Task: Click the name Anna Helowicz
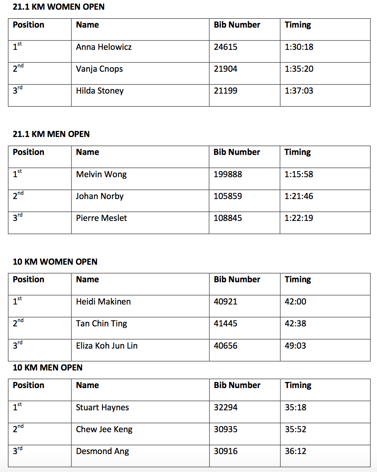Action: (x=104, y=47)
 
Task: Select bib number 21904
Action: (x=225, y=69)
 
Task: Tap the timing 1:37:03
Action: (x=299, y=91)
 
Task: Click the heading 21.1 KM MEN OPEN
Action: (x=51, y=134)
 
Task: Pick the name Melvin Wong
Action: (x=101, y=174)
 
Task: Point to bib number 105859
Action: (x=228, y=196)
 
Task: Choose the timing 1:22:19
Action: (x=299, y=218)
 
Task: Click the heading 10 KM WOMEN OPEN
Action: (x=55, y=262)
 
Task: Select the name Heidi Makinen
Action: (x=103, y=302)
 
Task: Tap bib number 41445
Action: (x=225, y=324)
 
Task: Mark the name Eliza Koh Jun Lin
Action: (x=107, y=346)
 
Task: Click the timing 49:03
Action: (x=295, y=346)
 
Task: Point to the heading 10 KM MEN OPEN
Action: (x=47, y=368)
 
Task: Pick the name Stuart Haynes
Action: (x=102, y=407)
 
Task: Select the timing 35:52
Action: (x=295, y=429)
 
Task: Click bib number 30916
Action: (x=225, y=451)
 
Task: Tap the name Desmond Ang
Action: (x=102, y=451)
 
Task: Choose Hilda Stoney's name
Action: (x=100, y=91)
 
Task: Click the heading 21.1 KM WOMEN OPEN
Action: (x=59, y=7)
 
